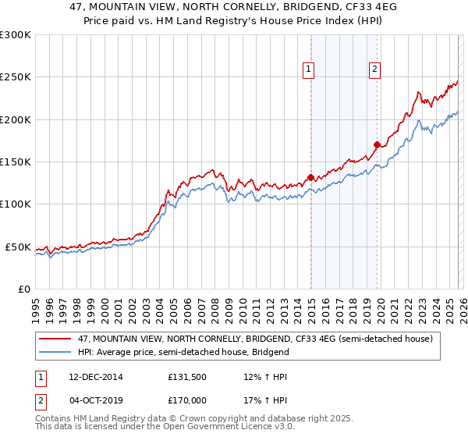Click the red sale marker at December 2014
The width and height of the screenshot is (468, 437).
310,177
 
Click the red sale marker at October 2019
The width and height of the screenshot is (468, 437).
377,144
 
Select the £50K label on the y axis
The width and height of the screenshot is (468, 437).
18,247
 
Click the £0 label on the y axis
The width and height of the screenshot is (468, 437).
23,289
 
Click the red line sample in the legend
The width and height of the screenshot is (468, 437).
56,339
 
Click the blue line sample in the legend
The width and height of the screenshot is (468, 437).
56,352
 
